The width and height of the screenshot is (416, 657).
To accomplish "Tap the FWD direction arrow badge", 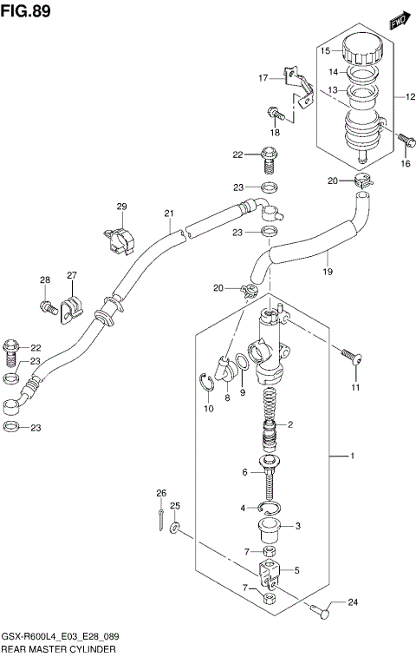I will click(x=398, y=21).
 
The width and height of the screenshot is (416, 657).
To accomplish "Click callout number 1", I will click(x=353, y=456).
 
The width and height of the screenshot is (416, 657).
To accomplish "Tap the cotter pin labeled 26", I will click(x=162, y=518).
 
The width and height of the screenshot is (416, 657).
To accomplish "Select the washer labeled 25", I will click(x=176, y=528).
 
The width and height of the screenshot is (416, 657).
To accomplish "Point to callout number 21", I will click(x=169, y=214).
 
